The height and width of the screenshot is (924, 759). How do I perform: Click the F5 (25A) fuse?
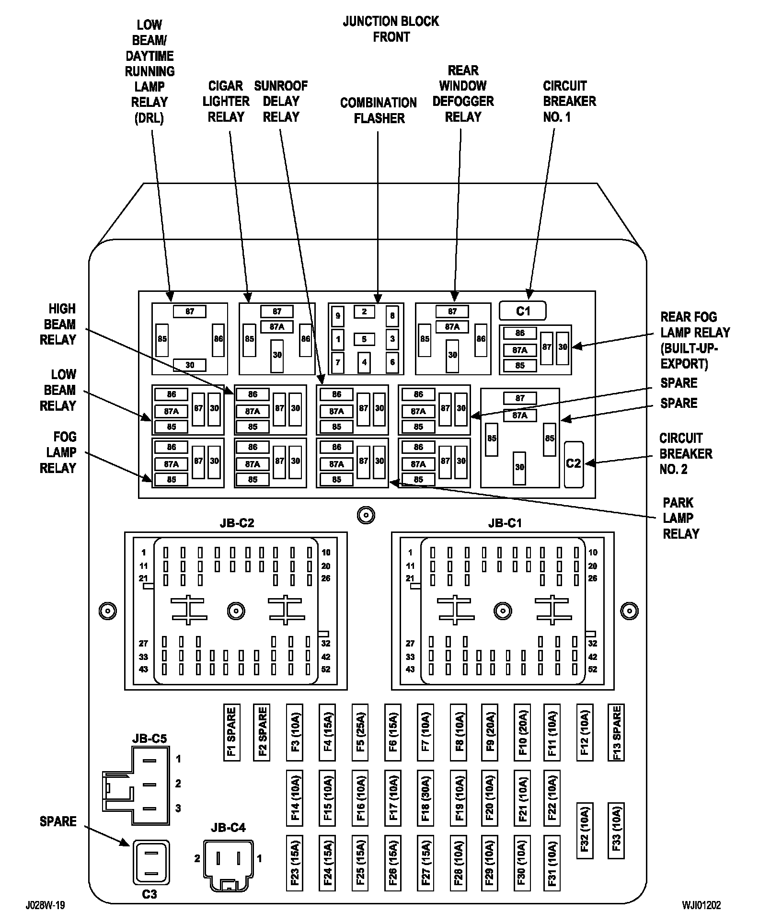(360, 732)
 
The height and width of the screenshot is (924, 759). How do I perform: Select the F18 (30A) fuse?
(425, 798)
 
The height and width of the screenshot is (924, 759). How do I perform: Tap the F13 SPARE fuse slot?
(616, 732)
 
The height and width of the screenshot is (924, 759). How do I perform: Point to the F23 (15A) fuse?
(295, 863)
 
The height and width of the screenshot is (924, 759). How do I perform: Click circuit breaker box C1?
(523, 311)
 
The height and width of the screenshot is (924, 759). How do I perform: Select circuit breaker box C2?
(574, 463)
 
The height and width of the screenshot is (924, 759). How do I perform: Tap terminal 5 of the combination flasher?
(364, 339)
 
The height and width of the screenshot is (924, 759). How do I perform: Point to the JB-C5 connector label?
(149, 739)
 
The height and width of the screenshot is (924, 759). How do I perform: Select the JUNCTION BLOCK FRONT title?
(391, 29)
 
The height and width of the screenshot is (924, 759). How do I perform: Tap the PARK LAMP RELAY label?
(681, 518)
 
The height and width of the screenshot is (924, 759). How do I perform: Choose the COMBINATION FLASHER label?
(379, 110)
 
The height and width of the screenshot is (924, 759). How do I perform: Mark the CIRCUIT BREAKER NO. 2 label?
(685, 453)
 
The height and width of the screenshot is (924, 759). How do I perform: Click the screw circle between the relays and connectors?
(366, 515)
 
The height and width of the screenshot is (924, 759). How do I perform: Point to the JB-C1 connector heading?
(505, 523)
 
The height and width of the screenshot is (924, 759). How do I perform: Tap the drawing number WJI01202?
(701, 905)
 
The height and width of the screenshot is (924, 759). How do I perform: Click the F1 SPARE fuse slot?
(231, 732)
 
